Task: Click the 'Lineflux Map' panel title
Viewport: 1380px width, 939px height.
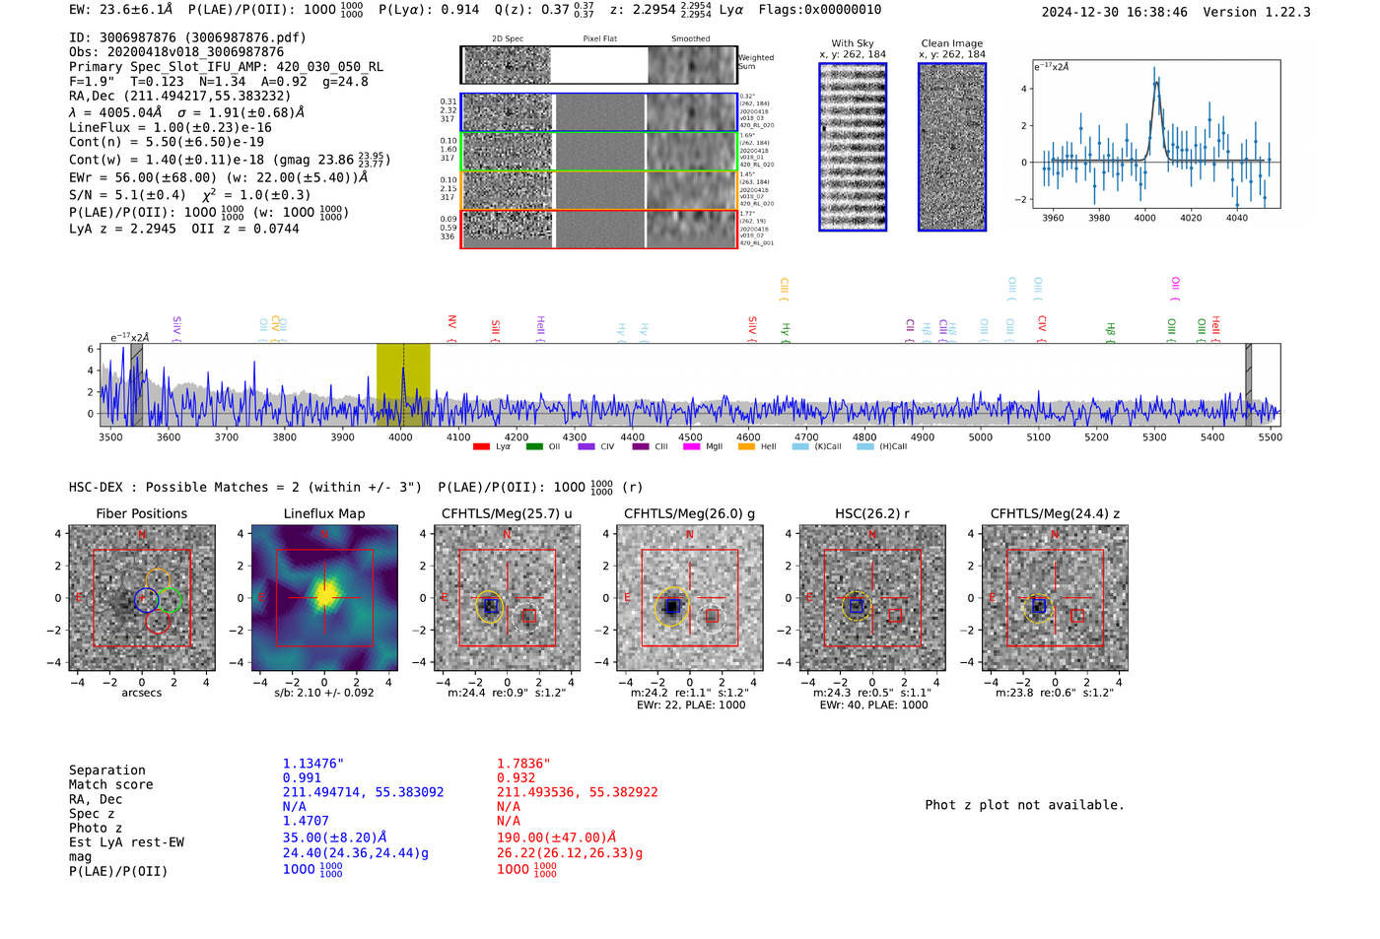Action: (323, 513)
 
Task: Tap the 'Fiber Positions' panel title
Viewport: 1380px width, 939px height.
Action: (141, 513)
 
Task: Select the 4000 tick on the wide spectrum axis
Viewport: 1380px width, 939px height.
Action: (400, 437)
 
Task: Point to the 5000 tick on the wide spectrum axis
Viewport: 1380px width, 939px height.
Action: (980, 437)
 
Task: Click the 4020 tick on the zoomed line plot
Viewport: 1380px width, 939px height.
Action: (1191, 218)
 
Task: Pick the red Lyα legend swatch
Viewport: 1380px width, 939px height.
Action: (481, 447)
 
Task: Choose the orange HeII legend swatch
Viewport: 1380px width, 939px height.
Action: (746, 447)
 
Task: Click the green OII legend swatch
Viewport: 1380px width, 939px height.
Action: (534, 447)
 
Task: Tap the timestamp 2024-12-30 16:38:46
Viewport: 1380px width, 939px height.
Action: (1114, 12)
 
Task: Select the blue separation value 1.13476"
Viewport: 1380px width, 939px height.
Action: (313, 764)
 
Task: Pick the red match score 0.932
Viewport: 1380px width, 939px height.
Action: (517, 777)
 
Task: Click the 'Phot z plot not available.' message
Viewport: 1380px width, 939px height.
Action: (1024, 805)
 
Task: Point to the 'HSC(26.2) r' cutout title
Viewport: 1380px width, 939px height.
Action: (871, 513)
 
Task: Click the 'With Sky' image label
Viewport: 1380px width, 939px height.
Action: (853, 43)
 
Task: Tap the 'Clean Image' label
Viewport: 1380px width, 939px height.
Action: (951, 43)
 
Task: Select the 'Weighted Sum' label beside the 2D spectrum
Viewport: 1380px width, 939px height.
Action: (756, 62)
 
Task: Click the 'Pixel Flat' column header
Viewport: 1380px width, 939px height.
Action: (599, 38)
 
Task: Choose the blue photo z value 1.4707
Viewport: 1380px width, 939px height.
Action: (306, 821)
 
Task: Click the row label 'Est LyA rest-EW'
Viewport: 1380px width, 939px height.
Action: (126, 842)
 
